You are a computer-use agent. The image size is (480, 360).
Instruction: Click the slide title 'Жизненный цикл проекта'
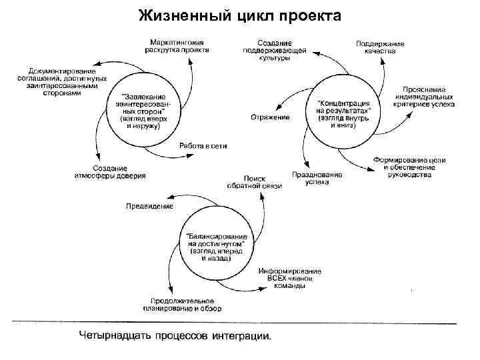pos(240,15)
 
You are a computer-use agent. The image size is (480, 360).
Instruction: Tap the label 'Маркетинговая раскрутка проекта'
pos(178,45)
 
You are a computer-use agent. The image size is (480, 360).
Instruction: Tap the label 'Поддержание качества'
pos(379,46)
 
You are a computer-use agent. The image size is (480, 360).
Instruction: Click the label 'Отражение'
pos(270,118)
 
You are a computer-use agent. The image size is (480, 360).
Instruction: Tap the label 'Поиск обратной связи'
pos(254,182)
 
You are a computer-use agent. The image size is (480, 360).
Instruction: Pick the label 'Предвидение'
pos(149,206)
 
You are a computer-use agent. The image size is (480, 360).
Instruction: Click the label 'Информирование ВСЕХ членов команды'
pos(289,278)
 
